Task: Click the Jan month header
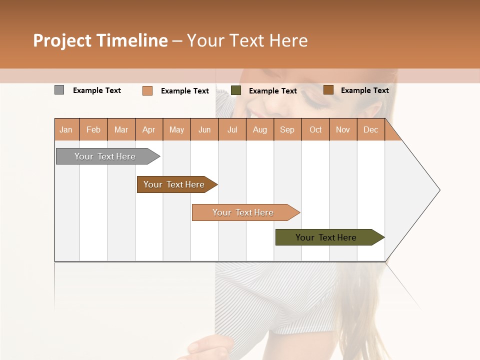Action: [66, 130]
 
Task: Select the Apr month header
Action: [149, 130]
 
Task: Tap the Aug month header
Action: [260, 130]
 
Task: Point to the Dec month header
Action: [370, 130]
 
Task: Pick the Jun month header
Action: [204, 130]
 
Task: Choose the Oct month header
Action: [315, 130]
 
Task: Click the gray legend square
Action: [59, 90]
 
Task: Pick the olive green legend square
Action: [236, 90]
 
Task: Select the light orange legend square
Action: [147, 90]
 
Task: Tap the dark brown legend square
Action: [328, 90]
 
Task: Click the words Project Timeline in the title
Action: [100, 40]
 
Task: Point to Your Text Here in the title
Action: [247, 40]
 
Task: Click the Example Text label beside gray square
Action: [97, 90]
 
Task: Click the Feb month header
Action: [93, 130]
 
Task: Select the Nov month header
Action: [343, 130]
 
